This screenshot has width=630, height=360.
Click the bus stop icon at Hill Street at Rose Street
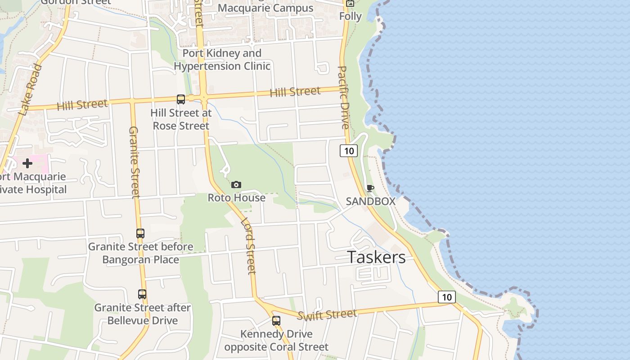pyautogui.click(x=181, y=99)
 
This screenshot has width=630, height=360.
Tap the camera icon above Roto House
pyautogui.click(x=236, y=184)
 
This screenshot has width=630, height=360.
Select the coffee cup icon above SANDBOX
pyautogui.click(x=370, y=188)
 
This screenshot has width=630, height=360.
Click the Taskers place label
pyautogui.click(x=376, y=257)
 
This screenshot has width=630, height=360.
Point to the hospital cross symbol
pyautogui.click(x=27, y=163)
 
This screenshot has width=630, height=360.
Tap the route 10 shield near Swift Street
pyautogui.click(x=446, y=297)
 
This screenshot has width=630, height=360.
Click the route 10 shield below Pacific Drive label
pyautogui.click(x=349, y=151)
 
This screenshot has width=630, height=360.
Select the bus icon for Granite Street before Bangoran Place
pyautogui.click(x=140, y=234)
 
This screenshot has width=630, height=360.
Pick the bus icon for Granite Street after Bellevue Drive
pyautogui.click(x=142, y=294)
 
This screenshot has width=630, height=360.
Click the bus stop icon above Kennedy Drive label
pyautogui.click(x=276, y=321)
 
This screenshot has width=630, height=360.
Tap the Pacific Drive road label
pyautogui.click(x=343, y=97)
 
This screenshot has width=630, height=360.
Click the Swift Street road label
pyautogui.click(x=327, y=314)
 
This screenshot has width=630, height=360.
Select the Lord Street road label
pyautogui.click(x=248, y=246)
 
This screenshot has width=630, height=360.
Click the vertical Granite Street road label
pyautogui.click(x=134, y=162)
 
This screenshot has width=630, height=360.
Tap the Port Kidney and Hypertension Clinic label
pyautogui.click(x=222, y=59)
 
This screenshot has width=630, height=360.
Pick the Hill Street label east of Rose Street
pyautogui.click(x=295, y=92)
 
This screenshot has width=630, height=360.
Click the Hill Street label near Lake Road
pyautogui.click(x=82, y=105)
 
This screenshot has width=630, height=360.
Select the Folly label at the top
pyautogui.click(x=351, y=16)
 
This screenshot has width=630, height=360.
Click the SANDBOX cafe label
pyautogui.click(x=370, y=201)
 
